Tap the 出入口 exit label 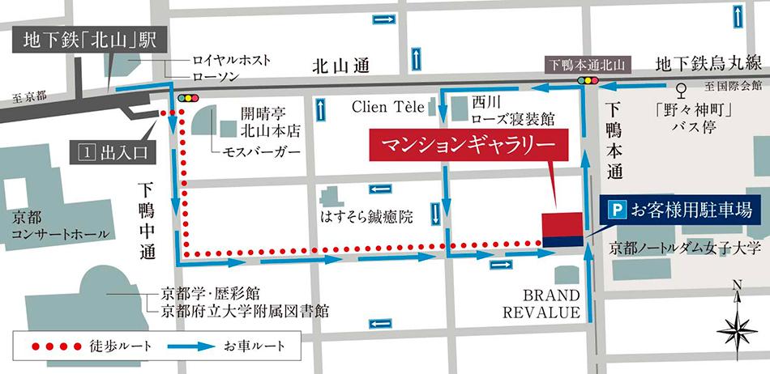(112, 151)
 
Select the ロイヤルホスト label (231, 60)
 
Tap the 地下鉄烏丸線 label (708, 63)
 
